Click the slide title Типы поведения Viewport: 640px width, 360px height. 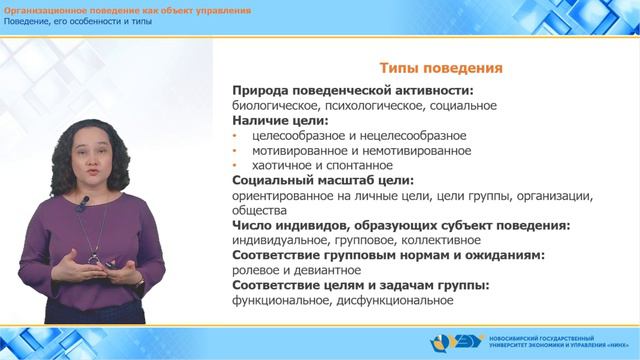click(x=440, y=68)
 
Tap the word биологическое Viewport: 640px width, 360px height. click(x=274, y=105)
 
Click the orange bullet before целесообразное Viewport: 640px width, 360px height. click(x=235, y=136)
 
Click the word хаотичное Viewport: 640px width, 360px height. click(x=283, y=166)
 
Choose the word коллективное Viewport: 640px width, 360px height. click(x=441, y=241)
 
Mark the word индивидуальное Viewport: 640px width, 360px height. click(x=279, y=241)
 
